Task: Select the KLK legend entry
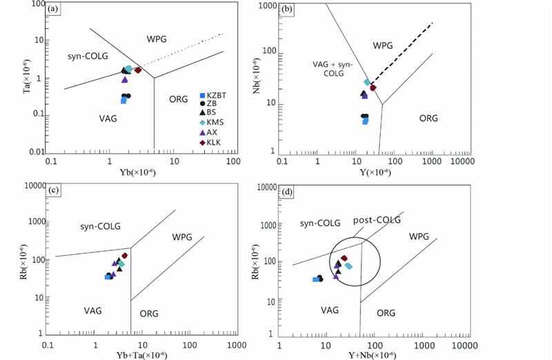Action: [212, 143]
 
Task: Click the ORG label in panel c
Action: [149, 314]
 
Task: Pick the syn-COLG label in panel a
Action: [88, 57]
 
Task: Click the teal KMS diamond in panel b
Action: [368, 82]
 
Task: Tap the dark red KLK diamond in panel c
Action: [125, 256]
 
